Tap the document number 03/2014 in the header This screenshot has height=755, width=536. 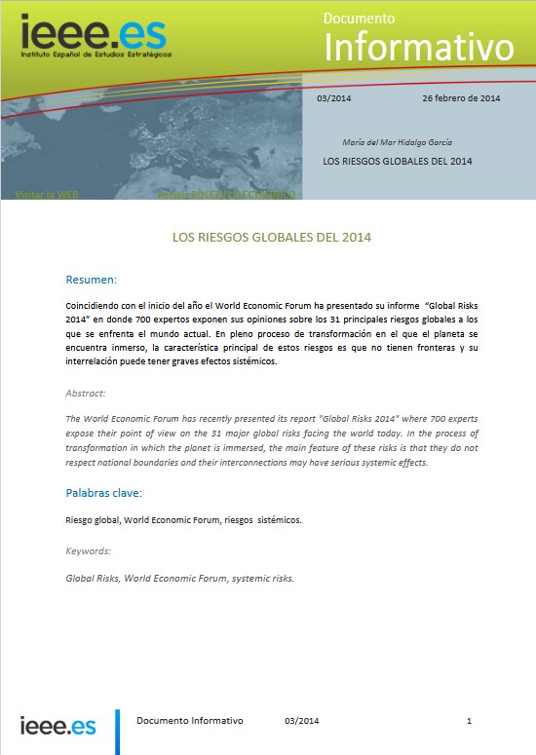335,99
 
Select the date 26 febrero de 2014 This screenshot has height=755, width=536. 461,99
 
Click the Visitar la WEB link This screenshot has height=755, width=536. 46,195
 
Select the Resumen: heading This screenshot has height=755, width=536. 91,280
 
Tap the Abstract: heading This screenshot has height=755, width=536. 86,393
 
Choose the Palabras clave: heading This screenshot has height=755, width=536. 104,493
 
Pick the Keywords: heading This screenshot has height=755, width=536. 89,551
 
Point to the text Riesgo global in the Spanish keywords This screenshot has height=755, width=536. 92,519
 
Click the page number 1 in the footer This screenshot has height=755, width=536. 470,721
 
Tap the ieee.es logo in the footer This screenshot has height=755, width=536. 57,726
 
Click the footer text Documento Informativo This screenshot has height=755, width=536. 190,721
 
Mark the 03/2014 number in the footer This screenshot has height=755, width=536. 302,721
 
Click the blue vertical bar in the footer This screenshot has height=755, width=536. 118,731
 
